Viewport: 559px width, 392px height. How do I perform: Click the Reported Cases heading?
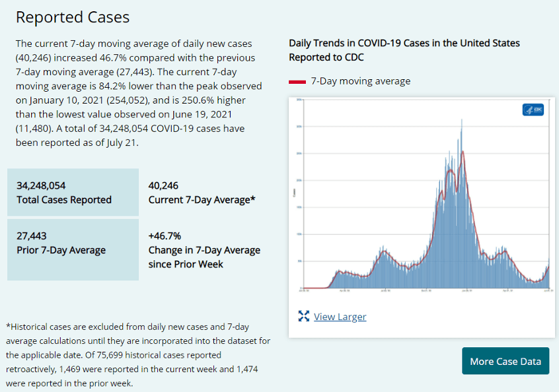click(73, 17)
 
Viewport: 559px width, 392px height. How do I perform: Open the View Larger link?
click(340, 317)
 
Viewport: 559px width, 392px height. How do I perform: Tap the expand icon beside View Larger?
click(304, 317)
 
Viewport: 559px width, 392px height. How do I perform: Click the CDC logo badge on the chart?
click(533, 110)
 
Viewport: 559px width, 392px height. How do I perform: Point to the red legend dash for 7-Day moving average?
click(297, 81)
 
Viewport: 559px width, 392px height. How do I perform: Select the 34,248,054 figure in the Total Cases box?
click(41, 185)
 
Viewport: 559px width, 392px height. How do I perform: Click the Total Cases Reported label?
click(64, 200)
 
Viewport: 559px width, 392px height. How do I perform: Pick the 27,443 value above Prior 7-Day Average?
click(32, 236)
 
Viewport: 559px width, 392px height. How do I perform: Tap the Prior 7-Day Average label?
click(61, 250)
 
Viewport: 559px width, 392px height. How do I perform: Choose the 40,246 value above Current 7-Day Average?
click(164, 185)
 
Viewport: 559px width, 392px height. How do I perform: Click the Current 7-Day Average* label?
click(202, 200)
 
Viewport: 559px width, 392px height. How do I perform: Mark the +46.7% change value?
click(165, 236)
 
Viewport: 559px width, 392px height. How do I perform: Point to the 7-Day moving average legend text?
click(360, 81)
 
